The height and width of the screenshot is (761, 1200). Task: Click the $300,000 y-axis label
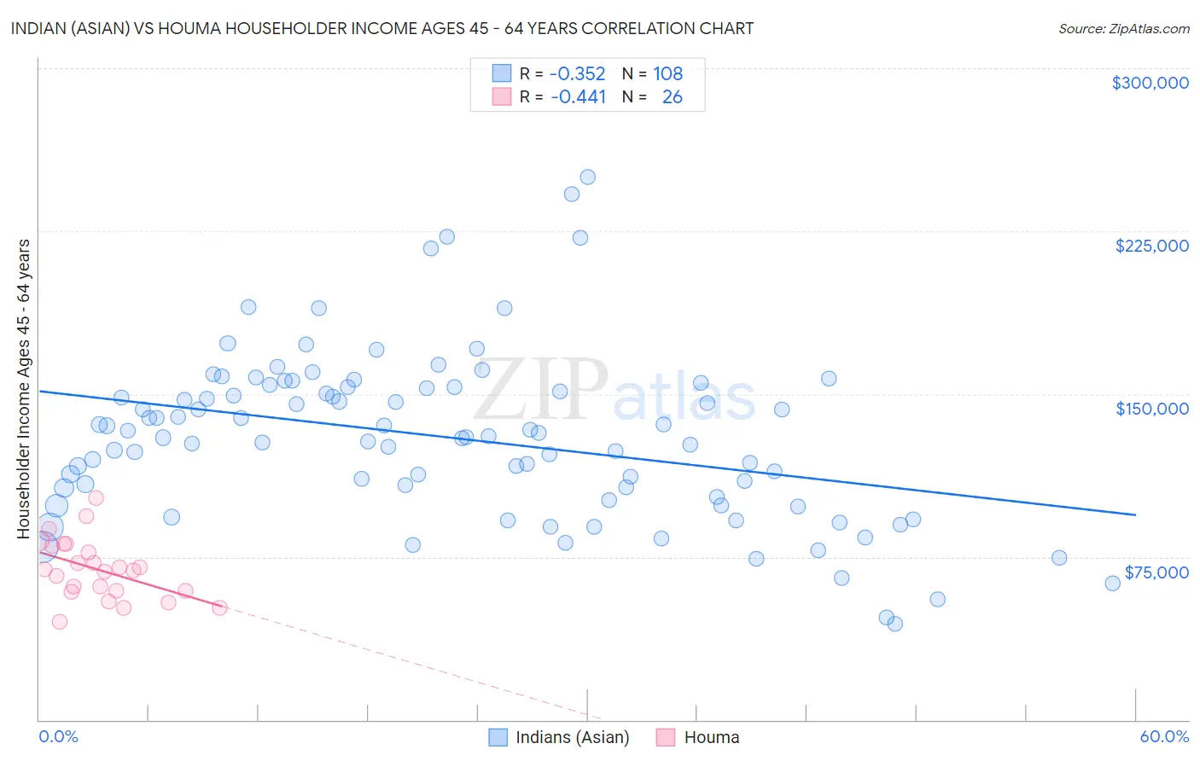click(x=1150, y=83)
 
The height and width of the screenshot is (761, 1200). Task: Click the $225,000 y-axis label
click(x=1151, y=246)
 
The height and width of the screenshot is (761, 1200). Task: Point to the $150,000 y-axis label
click(x=1151, y=409)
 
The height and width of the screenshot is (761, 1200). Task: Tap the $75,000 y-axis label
click(x=1156, y=572)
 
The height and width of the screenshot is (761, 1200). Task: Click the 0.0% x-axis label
click(x=58, y=736)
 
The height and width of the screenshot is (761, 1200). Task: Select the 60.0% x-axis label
click(x=1163, y=736)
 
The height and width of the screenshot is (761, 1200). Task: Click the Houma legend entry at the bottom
click(x=711, y=737)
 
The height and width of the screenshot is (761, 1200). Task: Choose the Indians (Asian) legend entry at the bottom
click(x=572, y=737)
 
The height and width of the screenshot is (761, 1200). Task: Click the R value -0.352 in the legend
click(x=577, y=74)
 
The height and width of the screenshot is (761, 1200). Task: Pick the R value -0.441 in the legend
click(x=577, y=97)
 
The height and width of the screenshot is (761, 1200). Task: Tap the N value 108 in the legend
click(x=667, y=74)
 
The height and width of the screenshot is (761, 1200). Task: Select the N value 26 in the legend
click(x=672, y=97)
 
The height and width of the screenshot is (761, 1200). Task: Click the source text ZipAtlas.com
click(x=1123, y=29)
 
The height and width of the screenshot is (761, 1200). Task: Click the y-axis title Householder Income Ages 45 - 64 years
click(x=24, y=389)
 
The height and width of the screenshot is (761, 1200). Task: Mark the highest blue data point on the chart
click(x=587, y=177)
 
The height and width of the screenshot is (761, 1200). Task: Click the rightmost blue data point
click(x=1112, y=584)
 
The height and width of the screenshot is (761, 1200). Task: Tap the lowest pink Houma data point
click(x=60, y=622)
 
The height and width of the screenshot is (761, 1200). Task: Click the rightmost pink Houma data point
click(x=219, y=607)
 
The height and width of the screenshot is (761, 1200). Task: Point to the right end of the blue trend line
click(x=1135, y=515)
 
